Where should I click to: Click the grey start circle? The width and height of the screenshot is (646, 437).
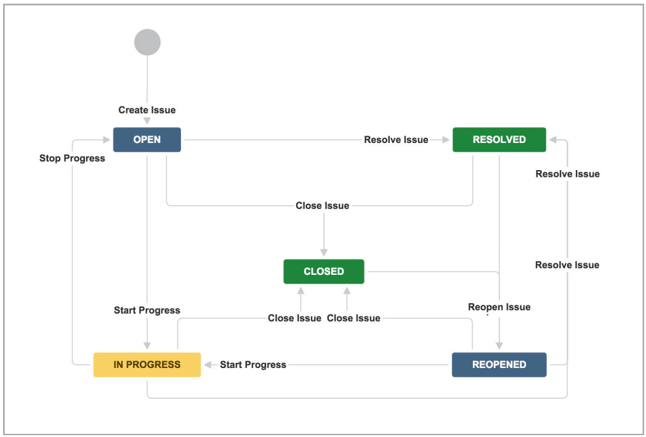pyautogui.click(x=147, y=43)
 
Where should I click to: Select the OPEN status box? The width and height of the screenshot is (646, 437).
pyautogui.click(x=147, y=139)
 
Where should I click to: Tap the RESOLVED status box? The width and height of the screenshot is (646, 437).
pyautogui.click(x=499, y=139)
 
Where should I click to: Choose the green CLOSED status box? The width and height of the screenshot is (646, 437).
pyautogui.click(x=323, y=271)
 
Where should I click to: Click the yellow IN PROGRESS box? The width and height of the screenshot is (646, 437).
pyautogui.click(x=147, y=364)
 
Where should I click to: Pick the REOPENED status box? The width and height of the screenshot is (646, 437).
pyautogui.click(x=499, y=364)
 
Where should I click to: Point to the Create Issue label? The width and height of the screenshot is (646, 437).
pyautogui.click(x=147, y=110)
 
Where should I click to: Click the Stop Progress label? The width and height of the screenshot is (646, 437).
pyautogui.click(x=72, y=158)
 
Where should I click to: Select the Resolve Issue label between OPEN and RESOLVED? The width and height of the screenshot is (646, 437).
pyautogui.click(x=396, y=139)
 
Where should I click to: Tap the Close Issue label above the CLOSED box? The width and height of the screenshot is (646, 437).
pyautogui.click(x=322, y=206)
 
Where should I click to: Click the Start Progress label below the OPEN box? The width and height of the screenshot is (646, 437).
pyautogui.click(x=147, y=310)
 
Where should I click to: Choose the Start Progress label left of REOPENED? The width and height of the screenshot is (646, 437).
pyautogui.click(x=253, y=365)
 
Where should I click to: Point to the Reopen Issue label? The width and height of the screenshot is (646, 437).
pyautogui.click(x=499, y=307)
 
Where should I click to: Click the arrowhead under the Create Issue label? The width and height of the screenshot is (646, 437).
pyautogui.click(x=147, y=121)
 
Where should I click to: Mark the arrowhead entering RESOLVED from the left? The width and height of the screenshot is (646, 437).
pyautogui.click(x=445, y=140)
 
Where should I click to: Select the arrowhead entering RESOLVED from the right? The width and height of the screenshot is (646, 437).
pyautogui.click(x=554, y=140)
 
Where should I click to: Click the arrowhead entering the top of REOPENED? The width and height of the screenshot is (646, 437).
pyautogui.click(x=499, y=346)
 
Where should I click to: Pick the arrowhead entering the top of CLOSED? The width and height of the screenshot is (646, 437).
pyautogui.click(x=323, y=252)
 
